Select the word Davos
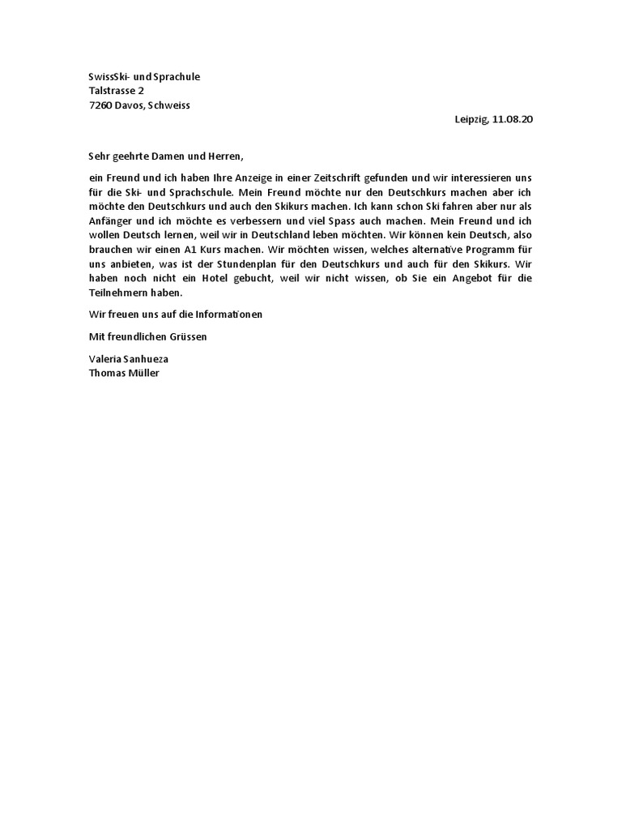coord(130,105)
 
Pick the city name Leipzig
coord(471,119)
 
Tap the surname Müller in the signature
coord(143,373)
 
